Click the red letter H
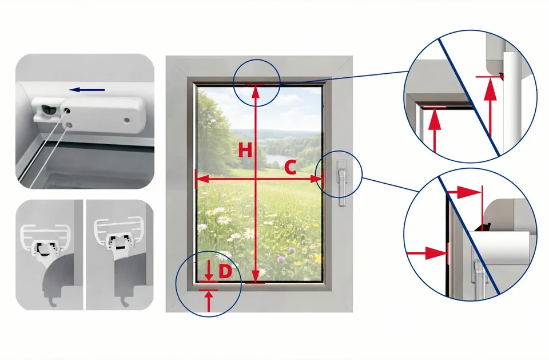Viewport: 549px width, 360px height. [245, 151]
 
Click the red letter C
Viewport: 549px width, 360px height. [291, 168]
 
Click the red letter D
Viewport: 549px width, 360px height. [225, 271]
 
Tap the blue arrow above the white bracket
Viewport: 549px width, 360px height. [87, 90]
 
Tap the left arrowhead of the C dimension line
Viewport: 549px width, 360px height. [203, 179]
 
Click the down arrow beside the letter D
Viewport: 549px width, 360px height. [209, 270]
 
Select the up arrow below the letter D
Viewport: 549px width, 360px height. [209, 301]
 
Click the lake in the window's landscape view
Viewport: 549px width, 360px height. [277, 160]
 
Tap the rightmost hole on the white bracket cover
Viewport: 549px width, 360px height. [127, 120]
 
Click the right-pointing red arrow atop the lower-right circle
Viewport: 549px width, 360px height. [464, 192]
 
